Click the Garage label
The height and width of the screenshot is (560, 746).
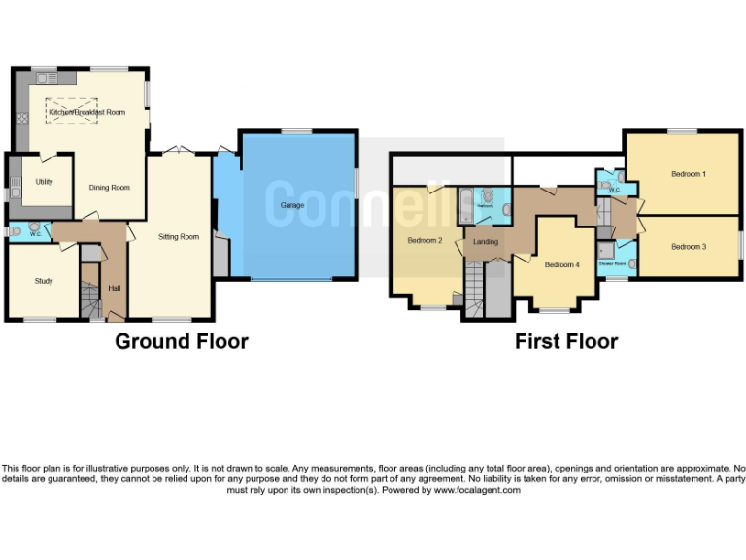pyautogui.click(x=292, y=206)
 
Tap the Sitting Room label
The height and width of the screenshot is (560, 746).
pyautogui.click(x=179, y=236)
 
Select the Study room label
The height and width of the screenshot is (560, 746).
pyautogui.click(x=44, y=281)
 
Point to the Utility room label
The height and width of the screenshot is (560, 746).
pyautogui.click(x=44, y=182)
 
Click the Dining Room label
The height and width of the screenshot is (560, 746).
pyautogui.click(x=109, y=188)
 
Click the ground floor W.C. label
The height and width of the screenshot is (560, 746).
pyautogui.click(x=34, y=233)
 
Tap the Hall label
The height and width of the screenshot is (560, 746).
pyautogui.click(x=115, y=288)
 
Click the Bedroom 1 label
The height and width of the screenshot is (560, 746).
pyautogui.click(x=688, y=174)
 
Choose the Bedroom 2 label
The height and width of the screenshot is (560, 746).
pyautogui.click(x=424, y=240)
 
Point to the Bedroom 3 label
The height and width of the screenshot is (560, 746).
pyautogui.click(x=688, y=247)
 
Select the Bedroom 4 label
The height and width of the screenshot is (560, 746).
pyautogui.click(x=561, y=264)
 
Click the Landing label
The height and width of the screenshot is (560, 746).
pyautogui.click(x=486, y=242)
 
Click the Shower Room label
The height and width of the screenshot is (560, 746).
pyautogui.click(x=612, y=263)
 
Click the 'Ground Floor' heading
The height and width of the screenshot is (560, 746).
pyautogui.click(x=182, y=341)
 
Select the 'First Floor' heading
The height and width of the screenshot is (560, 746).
pyautogui.click(x=565, y=341)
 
